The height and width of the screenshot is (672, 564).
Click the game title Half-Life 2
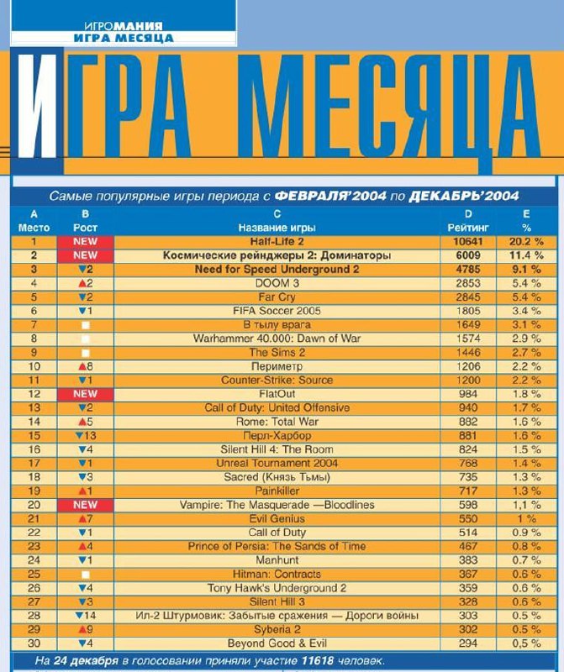(277, 242)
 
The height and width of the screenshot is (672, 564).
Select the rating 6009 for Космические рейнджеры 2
(468, 255)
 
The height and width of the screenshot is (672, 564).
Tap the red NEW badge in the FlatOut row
(86, 394)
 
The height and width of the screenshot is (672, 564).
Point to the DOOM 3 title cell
(277, 283)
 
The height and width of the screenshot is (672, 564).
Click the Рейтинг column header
(468, 228)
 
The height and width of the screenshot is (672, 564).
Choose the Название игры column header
(277, 228)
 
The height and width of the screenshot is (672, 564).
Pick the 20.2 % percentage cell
(526, 242)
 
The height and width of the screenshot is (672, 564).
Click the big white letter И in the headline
(37, 106)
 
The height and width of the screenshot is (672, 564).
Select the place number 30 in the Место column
(34, 643)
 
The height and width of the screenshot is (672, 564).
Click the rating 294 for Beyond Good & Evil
(468, 643)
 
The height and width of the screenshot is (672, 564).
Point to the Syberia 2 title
(277, 629)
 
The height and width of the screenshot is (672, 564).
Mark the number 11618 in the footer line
(318, 661)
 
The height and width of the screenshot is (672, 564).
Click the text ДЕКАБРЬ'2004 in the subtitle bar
(464, 197)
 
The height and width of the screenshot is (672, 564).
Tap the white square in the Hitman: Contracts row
(86, 575)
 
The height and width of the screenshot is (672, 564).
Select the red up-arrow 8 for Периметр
(86, 366)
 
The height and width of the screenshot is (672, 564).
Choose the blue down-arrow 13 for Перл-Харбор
(86, 436)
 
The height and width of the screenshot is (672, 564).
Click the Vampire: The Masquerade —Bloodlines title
(277, 505)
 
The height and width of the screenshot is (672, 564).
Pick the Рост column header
(85, 228)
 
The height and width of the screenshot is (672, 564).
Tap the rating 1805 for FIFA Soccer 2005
(468, 311)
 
